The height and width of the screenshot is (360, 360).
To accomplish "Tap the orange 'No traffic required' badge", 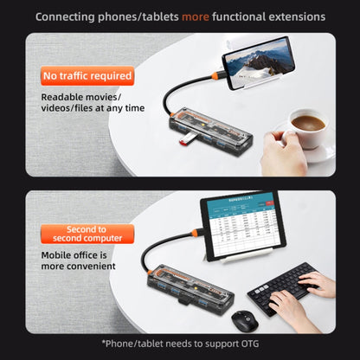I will click(87, 76).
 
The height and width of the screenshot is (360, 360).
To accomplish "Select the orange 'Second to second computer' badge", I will click(87, 234).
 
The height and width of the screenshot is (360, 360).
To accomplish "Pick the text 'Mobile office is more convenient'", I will click(79, 261).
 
